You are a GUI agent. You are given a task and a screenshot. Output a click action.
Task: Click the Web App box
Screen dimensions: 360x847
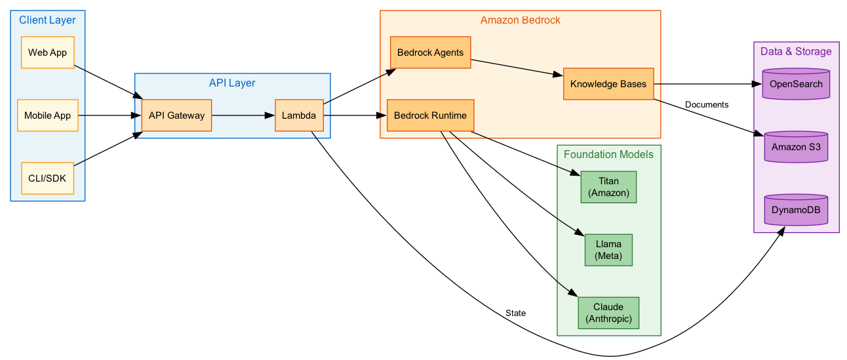47,52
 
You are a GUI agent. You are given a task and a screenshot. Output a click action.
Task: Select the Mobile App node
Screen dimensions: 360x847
47,115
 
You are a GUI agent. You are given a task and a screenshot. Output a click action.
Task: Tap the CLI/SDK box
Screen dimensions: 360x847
47,178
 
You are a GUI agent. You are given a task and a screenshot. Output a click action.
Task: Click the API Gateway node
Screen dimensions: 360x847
176,115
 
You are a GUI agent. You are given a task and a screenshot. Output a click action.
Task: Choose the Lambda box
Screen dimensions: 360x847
299,115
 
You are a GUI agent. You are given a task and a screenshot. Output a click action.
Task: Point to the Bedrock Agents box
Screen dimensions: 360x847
430,52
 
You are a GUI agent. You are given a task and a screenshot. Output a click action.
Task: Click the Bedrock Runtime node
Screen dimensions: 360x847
430,115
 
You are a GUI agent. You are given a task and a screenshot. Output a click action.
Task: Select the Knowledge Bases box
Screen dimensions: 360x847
608,84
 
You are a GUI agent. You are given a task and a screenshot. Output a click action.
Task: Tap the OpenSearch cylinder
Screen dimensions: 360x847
796,84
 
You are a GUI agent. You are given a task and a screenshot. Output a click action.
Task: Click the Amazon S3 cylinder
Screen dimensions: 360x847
796,147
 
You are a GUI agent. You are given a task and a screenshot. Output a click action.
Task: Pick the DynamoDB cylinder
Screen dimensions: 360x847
796,210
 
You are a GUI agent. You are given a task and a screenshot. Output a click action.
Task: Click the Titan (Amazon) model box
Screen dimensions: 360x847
608,187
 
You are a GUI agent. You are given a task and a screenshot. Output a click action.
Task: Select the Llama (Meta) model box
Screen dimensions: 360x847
608,250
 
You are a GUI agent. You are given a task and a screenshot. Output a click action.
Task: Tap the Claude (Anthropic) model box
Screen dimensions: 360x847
608,313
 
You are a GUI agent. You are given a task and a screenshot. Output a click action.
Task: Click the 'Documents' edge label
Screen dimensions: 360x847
706,105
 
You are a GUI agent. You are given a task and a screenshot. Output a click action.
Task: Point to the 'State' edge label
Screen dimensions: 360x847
515,313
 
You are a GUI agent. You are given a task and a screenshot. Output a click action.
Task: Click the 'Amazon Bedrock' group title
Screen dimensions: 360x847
520,20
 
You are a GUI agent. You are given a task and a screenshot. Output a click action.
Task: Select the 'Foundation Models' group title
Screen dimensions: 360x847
608,155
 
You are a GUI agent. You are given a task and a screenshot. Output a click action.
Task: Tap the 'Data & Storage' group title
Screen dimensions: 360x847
796,52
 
